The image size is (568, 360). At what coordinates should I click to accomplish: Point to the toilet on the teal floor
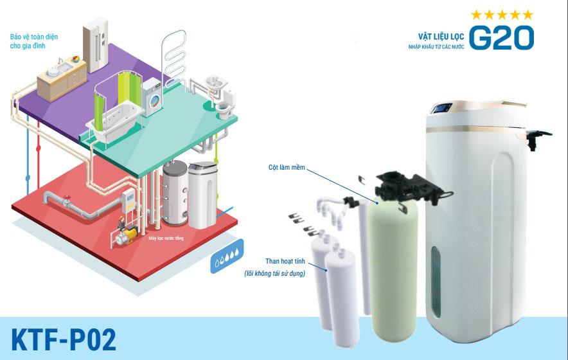pos(224,107)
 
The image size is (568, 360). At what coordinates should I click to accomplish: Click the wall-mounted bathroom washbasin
pos(214,84)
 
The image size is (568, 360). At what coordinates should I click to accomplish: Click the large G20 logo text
pos(501,38)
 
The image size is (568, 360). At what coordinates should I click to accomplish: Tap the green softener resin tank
pos(393,264)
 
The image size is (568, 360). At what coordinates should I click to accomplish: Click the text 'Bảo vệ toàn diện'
pos(34,37)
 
